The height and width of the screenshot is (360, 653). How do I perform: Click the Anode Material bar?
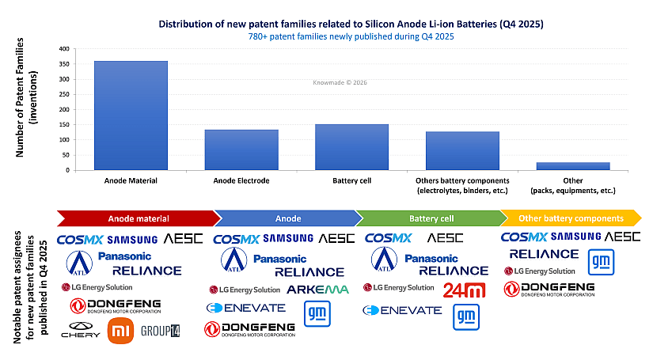[131, 116]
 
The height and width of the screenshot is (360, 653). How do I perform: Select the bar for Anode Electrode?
[241, 150]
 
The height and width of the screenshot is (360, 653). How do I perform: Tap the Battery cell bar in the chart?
[351, 146]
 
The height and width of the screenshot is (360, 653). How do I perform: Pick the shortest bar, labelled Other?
[573, 165]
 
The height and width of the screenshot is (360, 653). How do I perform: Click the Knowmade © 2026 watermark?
[340, 81]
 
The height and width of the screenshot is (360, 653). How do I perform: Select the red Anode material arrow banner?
[136, 218]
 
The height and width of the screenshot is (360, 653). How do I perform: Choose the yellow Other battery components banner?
[571, 218]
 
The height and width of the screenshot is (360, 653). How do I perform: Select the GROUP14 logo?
[160, 331]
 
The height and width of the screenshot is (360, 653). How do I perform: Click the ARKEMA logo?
[317, 290]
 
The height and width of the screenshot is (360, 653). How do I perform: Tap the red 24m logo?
[465, 290]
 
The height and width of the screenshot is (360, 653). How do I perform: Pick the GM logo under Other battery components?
[601, 260]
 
